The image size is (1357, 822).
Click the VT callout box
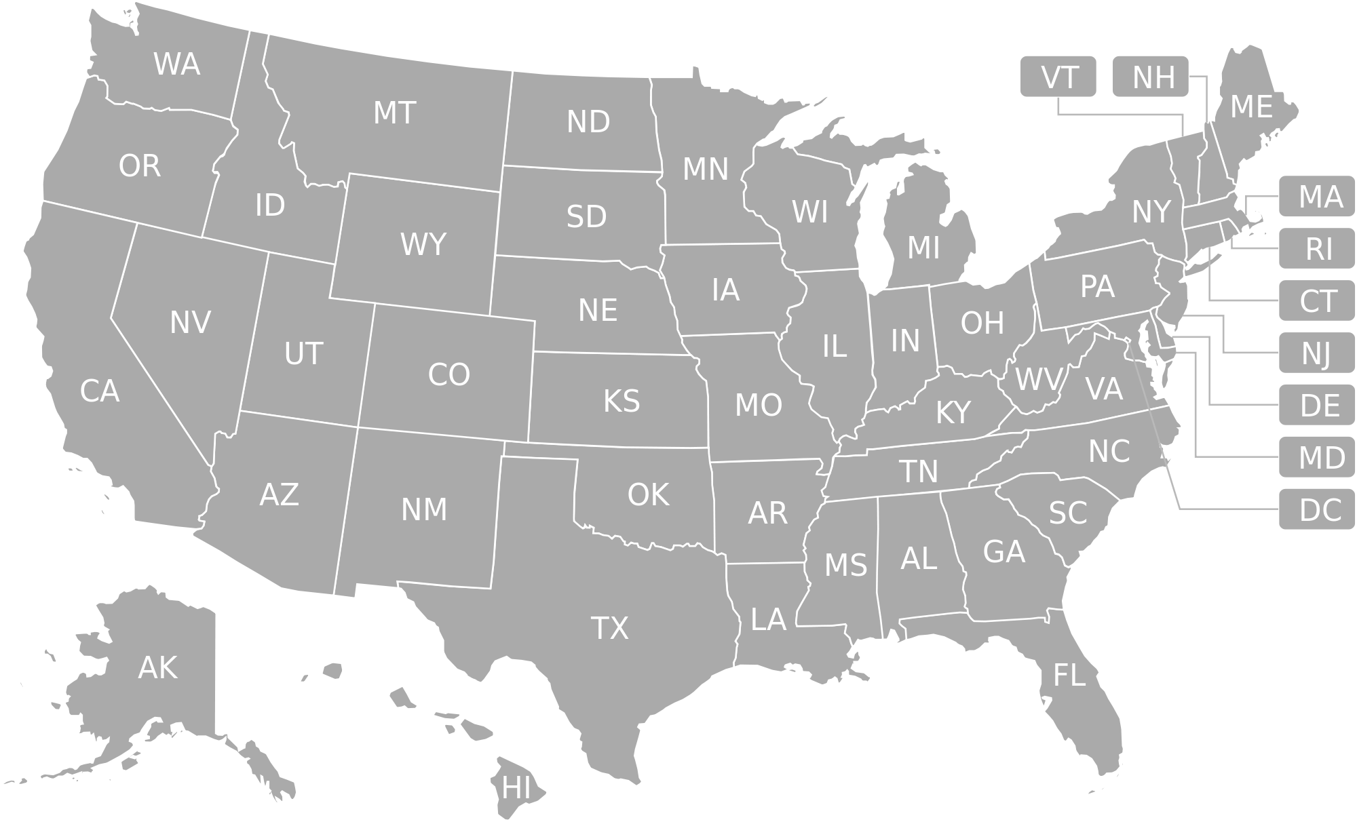[1058, 77]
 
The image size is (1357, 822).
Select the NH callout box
[1151, 77]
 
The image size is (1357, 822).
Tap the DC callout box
[1317, 509]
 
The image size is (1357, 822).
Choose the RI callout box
[1317, 249]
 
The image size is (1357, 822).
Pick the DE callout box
[1317, 405]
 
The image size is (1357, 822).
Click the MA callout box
[1317, 197]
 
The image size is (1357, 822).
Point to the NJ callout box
[1317, 353]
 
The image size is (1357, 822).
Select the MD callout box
[1317, 457]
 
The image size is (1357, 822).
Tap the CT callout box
[1317, 300]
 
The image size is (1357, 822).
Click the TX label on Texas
[610, 628]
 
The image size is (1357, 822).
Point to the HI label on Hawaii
[516, 788]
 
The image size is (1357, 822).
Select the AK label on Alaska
[157, 667]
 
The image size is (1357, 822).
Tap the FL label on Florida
[1069, 676]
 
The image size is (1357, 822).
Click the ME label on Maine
[1251, 107]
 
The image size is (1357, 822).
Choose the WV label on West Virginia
[1037, 380]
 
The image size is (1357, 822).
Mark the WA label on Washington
[176, 64]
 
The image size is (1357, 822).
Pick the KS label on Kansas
[621, 401]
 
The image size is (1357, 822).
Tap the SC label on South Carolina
[1068, 513]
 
